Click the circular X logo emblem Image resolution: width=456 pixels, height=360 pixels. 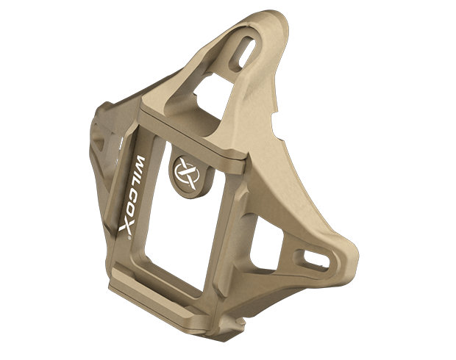click(x=186, y=173)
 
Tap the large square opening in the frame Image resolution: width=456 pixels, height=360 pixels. click(x=179, y=221)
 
